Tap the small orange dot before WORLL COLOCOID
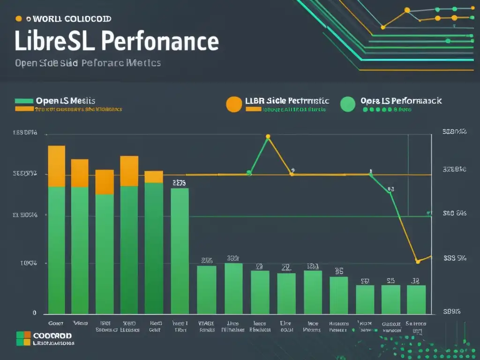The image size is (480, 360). pos(19,19)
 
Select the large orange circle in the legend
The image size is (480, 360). pos(234,104)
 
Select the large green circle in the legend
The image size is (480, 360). pos(347,104)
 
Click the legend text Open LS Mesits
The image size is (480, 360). pos(65,101)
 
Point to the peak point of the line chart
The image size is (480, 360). pos(268,137)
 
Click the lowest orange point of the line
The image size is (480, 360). pos(417,261)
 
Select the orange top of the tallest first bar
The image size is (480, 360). pos(57,166)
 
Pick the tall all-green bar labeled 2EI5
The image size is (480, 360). pos(180,251)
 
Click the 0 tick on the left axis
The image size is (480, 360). pos(34,313)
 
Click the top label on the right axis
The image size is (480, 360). pos(454,132)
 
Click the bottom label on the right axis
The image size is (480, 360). pos(452,311)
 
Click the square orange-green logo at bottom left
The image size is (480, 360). pos(23,338)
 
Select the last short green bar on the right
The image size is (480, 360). pos(416,300)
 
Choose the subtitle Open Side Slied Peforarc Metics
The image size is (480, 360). pos(88,63)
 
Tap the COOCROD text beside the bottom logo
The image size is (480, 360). pos(52,336)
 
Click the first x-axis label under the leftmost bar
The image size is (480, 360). pos(56,323)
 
